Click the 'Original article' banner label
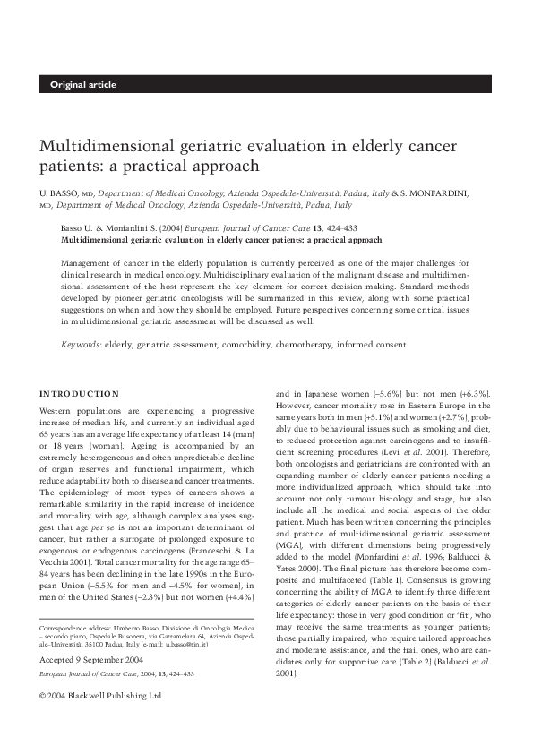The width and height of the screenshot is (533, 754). [x=83, y=85]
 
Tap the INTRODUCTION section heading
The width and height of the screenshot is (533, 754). [x=80, y=393]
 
